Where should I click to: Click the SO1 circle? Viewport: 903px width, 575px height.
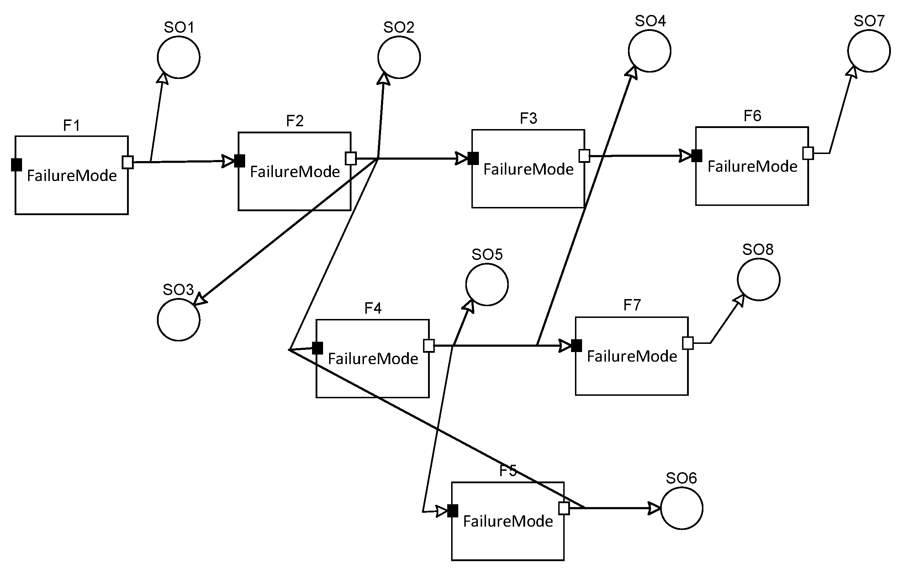click(x=179, y=57)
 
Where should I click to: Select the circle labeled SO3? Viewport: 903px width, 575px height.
click(x=179, y=320)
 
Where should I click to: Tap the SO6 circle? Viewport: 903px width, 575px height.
click(x=681, y=508)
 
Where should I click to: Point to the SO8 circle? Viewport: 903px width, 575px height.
click(x=759, y=279)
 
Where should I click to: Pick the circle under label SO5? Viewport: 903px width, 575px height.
click(x=487, y=284)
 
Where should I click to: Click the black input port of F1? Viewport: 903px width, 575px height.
click(x=16, y=165)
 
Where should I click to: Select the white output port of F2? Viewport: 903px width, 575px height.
click(x=350, y=158)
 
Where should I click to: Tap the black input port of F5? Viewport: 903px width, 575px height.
click(x=453, y=511)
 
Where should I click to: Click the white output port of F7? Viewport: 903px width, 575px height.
click(x=688, y=343)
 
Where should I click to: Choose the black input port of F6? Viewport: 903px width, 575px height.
click(x=697, y=155)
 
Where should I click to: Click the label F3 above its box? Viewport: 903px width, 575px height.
click(x=528, y=118)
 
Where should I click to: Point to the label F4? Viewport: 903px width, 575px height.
click(x=373, y=308)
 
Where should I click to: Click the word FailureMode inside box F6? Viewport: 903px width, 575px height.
click(x=752, y=166)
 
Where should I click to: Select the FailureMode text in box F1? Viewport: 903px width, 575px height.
click(x=72, y=175)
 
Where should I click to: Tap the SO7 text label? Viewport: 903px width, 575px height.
click(x=869, y=21)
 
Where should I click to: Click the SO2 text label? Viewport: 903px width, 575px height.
click(x=398, y=27)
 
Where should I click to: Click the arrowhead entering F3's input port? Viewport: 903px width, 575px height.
click(x=461, y=158)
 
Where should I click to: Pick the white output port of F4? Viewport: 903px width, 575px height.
click(x=429, y=345)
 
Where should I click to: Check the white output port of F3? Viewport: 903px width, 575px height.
click(x=584, y=155)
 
